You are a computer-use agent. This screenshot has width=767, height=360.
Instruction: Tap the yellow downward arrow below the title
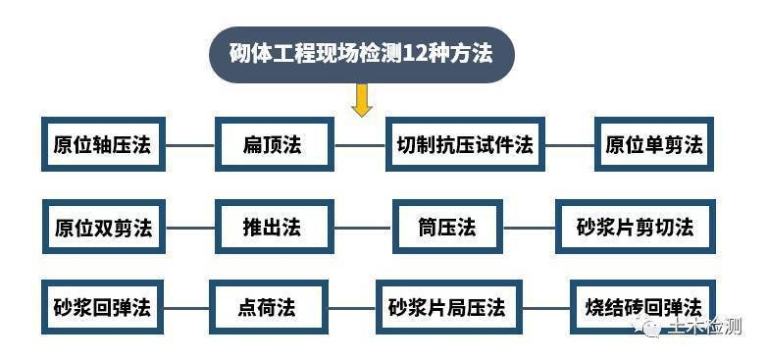tap(362, 100)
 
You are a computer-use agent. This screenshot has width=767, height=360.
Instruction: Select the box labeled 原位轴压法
tap(103, 144)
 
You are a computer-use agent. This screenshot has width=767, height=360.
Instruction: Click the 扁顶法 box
tap(274, 144)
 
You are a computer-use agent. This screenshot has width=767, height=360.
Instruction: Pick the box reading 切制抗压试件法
tap(465, 144)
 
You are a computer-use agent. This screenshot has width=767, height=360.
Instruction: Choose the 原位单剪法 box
tap(654, 144)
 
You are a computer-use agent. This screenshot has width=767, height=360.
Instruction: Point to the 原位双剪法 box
tap(103, 227)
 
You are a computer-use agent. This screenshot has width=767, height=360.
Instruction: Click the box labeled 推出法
tap(274, 227)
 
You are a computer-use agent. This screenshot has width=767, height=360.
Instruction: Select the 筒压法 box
tap(447, 227)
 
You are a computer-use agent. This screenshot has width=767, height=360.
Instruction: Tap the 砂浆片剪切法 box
tap(636, 227)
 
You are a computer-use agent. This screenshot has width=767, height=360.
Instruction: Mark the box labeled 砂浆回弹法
tap(103, 307)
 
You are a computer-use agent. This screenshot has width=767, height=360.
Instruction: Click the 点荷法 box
tap(267, 307)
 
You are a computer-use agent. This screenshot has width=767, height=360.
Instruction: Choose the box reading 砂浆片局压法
tap(446, 307)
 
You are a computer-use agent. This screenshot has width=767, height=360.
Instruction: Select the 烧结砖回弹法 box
tap(642, 307)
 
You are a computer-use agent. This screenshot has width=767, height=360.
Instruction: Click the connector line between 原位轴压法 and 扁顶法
tap(189, 145)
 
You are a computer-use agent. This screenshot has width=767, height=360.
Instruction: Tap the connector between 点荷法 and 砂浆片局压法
tap(350, 308)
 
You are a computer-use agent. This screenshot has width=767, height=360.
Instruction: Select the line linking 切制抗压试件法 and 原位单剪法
tap(570, 145)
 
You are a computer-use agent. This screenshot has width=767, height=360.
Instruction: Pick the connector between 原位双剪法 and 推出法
tap(189, 228)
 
